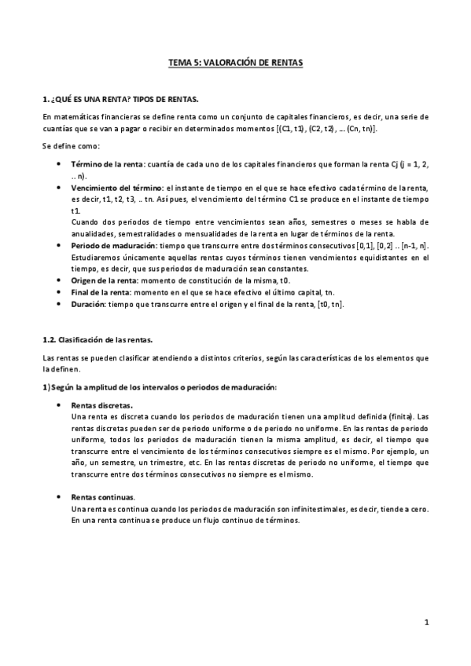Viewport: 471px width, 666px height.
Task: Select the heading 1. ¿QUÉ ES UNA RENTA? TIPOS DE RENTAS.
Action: click(x=120, y=100)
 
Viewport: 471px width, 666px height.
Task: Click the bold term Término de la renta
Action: click(x=107, y=163)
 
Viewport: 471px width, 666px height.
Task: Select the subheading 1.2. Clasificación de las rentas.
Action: click(x=97, y=341)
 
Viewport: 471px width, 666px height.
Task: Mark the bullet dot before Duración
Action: click(x=61, y=304)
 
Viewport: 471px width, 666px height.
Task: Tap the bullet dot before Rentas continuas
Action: click(x=61, y=497)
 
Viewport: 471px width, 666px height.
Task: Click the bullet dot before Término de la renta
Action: click(x=61, y=163)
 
